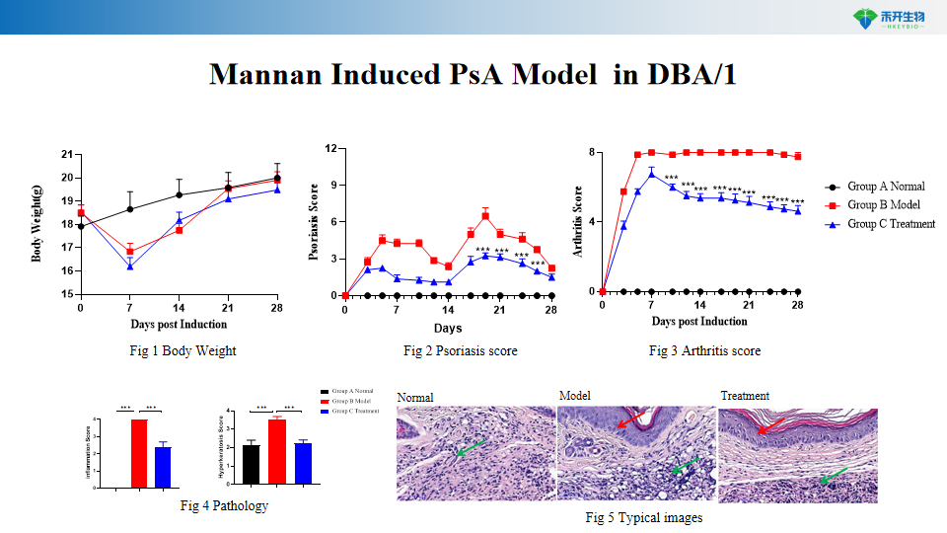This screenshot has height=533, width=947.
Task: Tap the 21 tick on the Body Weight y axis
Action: pos(67,155)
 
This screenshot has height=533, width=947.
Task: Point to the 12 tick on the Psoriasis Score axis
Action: pos(331,149)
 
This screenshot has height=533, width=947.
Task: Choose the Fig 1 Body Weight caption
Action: pos(182,350)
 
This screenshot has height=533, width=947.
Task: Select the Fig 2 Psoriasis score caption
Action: pos(460,350)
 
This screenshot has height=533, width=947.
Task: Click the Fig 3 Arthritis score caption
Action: pos(704,350)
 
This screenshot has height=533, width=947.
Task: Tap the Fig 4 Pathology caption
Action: pos(224,505)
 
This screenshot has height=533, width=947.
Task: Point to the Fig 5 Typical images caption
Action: pos(643,517)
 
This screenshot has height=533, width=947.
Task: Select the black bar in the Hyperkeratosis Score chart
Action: pos(251,465)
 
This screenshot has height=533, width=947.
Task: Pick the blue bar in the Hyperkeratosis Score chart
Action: pos(303,464)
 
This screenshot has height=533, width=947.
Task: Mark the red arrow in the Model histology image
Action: pos(632,420)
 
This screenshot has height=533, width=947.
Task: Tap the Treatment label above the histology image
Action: pos(745,396)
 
